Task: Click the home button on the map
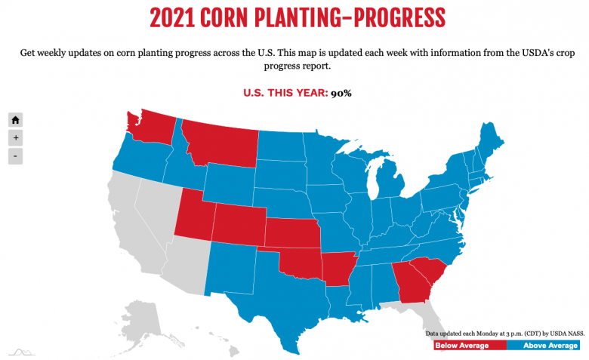[16, 119]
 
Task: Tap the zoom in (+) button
[16, 138]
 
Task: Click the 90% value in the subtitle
[341, 93]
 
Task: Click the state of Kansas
[291, 235]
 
